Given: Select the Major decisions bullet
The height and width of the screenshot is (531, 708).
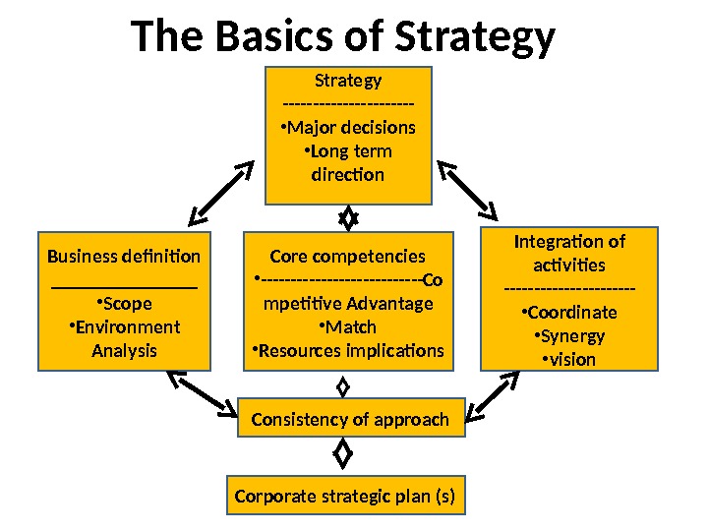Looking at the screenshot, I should (x=347, y=128).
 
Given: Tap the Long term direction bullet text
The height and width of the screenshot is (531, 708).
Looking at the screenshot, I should (x=347, y=163).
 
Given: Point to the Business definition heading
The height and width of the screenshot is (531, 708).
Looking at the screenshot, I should (x=124, y=257).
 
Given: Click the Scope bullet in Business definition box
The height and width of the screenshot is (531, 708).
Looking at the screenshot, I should (x=124, y=303).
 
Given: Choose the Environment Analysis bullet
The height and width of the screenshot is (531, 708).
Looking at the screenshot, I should (x=124, y=338).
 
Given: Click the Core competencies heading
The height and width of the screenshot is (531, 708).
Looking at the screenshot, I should (x=347, y=257).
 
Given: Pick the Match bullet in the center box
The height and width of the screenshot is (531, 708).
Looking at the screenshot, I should (x=349, y=326).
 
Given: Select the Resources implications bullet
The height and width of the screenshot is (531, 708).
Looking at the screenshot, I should (x=348, y=350).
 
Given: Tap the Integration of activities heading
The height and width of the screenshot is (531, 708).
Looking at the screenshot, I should (x=569, y=253).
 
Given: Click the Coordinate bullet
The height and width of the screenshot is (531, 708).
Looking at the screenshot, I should (x=569, y=313).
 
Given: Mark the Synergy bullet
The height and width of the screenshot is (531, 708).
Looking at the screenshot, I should (x=569, y=335).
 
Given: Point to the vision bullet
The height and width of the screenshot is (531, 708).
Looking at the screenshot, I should (x=569, y=359).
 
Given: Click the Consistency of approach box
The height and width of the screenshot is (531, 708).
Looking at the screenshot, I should (x=350, y=420).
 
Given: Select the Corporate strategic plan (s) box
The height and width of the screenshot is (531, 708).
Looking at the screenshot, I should (x=345, y=496).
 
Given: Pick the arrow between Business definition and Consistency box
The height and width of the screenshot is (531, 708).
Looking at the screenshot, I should (x=202, y=389).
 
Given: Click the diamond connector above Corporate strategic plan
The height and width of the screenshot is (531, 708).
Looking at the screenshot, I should (x=343, y=455).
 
